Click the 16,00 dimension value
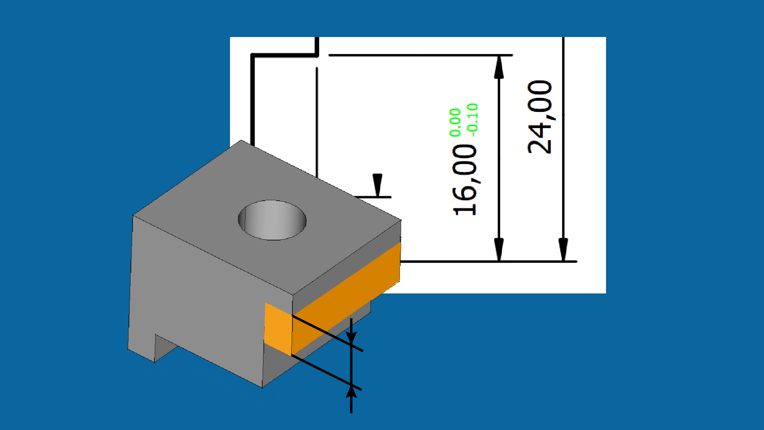coord(465,180)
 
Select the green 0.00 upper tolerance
coord(455,122)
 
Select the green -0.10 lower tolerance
coord(472,120)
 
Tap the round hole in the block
coord(272,220)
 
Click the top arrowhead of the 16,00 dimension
coord(499,68)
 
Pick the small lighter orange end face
coord(278,329)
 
